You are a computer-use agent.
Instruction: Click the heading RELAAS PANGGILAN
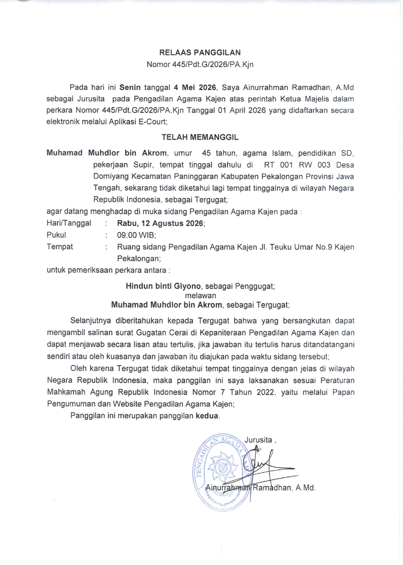200,52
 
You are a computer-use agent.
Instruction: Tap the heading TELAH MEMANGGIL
200,137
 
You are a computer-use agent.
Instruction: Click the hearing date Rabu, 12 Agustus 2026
161,222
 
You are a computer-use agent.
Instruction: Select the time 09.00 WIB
137,235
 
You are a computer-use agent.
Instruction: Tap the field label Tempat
60,247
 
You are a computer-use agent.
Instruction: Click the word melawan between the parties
200,295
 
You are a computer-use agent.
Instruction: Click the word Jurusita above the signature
258,439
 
